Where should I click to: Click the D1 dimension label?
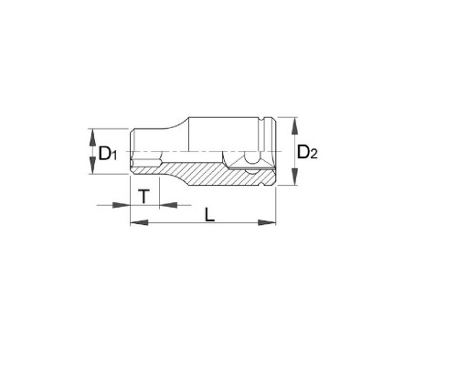click(x=108, y=154)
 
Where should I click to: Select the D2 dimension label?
click(x=307, y=152)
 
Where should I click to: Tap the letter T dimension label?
click(x=143, y=196)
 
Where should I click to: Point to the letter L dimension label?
click(x=209, y=215)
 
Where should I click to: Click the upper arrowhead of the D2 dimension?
click(x=294, y=126)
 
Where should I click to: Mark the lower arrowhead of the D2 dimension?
click(x=294, y=176)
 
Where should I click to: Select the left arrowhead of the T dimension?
click(x=122, y=205)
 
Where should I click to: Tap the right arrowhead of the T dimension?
click(x=168, y=205)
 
